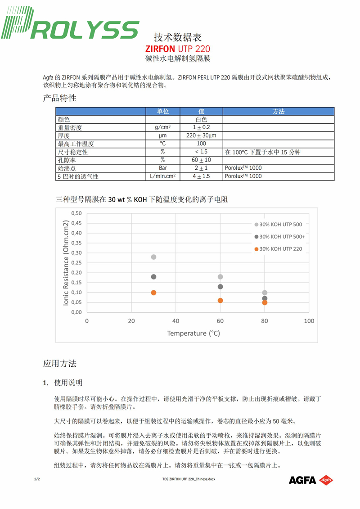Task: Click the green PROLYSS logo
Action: point(70,26)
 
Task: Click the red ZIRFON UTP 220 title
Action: point(177,49)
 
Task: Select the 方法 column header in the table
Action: point(279,111)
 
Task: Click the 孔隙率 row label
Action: point(66,160)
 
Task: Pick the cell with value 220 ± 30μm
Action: point(201,135)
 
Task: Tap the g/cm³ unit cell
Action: point(162,128)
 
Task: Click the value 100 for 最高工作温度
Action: point(201,144)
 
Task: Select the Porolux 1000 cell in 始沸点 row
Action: point(243,168)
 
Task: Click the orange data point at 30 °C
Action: point(153,293)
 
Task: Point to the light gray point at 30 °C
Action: point(153,257)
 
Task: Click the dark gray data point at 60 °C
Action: point(220,287)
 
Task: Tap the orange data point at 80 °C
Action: point(265,302)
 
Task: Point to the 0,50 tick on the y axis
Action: point(76,213)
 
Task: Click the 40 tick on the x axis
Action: point(175,321)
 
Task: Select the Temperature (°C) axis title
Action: point(193,333)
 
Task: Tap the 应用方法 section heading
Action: point(60,363)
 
